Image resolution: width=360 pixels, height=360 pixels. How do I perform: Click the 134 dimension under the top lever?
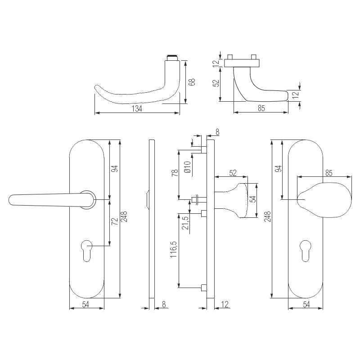[x=137, y=108]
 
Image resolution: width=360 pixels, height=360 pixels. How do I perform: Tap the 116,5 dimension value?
[x=174, y=249]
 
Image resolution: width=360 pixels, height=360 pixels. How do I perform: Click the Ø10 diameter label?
[x=188, y=167]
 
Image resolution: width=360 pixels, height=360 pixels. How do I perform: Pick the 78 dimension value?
[x=175, y=173]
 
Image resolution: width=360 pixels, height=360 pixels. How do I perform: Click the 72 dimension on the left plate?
[x=114, y=221]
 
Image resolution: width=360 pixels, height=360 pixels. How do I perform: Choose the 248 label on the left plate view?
[x=124, y=216]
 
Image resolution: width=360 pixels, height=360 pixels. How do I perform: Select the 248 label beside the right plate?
[x=267, y=216]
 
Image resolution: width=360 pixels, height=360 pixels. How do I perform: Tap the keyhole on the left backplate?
[x=87, y=251]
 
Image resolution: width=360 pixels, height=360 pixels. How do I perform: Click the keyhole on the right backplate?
[x=306, y=251]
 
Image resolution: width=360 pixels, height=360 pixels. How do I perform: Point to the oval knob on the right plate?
[x=324, y=200]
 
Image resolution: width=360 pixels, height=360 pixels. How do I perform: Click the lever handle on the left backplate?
[x=52, y=200]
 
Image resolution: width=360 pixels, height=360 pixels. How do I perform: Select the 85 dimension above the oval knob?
[x=329, y=173]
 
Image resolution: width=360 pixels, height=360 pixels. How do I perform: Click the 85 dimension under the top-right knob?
[x=261, y=108]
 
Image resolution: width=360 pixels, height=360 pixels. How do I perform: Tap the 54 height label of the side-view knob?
[x=253, y=199]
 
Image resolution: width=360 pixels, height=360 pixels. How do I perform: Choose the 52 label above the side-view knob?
[x=233, y=173]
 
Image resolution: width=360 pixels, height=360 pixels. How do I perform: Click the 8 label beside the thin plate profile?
[x=164, y=304]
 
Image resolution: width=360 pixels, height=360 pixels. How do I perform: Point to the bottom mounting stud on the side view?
[x=204, y=288]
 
